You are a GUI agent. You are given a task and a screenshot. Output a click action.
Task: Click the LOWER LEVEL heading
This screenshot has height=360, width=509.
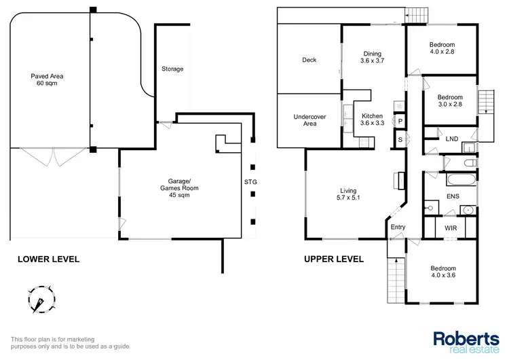(x=48, y=259)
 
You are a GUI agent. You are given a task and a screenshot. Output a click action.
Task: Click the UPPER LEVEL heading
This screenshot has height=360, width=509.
(x=333, y=259)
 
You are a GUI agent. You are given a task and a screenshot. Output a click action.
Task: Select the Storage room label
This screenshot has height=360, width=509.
(x=172, y=69)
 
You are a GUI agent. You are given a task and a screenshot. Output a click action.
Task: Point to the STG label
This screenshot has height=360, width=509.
(x=252, y=181)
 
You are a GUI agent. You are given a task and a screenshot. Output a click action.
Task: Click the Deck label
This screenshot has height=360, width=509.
(x=309, y=60)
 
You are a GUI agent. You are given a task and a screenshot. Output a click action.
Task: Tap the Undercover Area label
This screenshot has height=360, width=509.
(x=309, y=120)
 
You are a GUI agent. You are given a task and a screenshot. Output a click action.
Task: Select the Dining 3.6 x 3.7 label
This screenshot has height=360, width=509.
(x=372, y=58)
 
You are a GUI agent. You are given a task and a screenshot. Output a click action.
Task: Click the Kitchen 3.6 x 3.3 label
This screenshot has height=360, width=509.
(x=372, y=120)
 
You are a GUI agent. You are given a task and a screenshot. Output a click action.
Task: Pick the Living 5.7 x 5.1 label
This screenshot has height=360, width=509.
(x=349, y=195)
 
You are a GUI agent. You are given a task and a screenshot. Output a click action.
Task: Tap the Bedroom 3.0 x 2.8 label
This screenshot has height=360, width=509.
(x=449, y=101)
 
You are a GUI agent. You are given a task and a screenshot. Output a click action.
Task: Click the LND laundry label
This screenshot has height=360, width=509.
(x=452, y=139)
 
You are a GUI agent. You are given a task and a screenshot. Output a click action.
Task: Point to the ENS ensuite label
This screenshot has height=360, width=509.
(x=452, y=197)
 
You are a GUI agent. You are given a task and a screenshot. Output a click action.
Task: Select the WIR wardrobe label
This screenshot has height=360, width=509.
(x=451, y=228)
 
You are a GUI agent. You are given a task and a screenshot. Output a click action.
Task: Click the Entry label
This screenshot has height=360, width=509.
(x=397, y=228)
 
